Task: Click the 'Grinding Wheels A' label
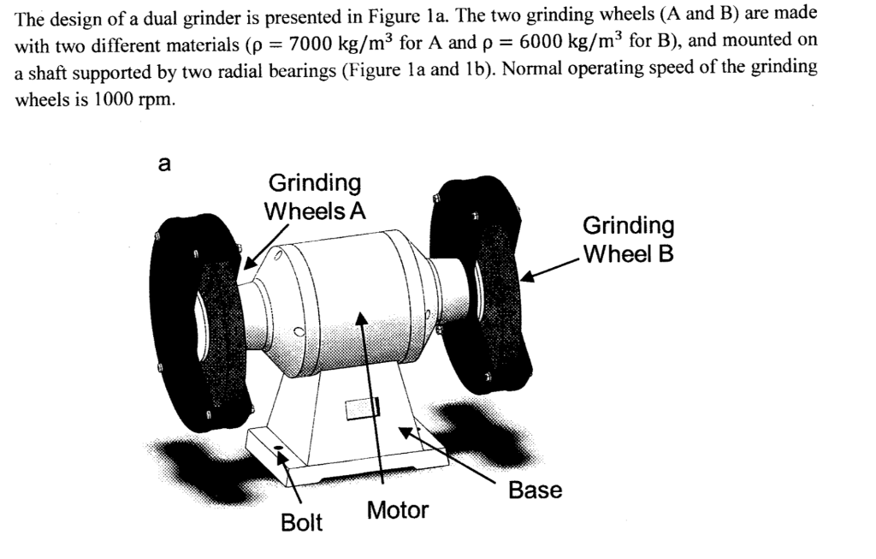coord(315,197)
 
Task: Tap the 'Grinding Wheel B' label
coord(628,240)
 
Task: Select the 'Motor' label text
coord(397,511)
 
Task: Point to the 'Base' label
coord(535,491)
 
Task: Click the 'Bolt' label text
coord(301,523)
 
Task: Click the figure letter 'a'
coord(165,165)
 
